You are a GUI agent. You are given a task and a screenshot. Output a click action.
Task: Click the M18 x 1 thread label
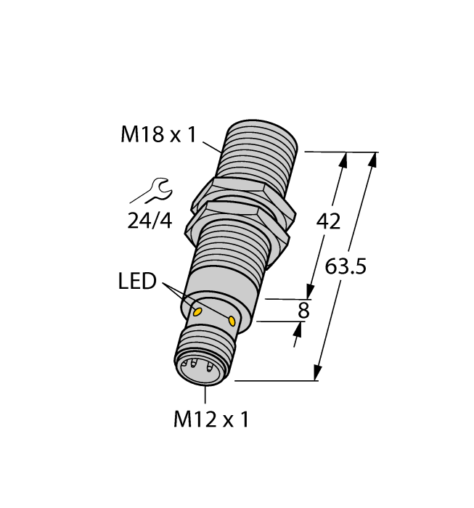tap(158, 135)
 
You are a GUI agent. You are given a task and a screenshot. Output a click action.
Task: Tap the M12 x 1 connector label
tap(211, 419)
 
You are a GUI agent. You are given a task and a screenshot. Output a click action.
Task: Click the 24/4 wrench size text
tap(150, 221)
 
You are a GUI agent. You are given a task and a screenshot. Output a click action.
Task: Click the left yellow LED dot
tap(196, 312)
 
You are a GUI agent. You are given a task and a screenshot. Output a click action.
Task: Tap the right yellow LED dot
tap(232, 321)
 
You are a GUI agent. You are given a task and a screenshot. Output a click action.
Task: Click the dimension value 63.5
tap(346, 266)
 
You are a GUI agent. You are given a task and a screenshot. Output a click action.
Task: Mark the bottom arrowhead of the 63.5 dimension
tap(317, 372)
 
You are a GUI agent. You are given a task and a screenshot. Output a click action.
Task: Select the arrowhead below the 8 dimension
tap(297, 331)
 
